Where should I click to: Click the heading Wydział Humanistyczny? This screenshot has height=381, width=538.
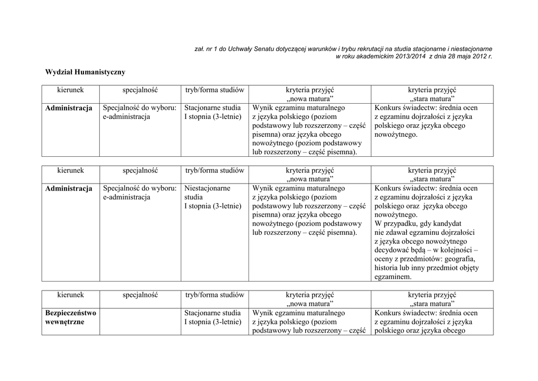pos(85,72)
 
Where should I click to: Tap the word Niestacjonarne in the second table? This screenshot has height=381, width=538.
pos(207,188)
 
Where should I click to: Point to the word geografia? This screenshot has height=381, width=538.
pos(459,259)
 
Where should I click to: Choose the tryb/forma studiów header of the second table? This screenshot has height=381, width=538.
pos(215,171)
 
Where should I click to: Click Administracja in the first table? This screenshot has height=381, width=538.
pos(69,108)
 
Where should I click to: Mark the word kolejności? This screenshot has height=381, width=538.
pos(459,250)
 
